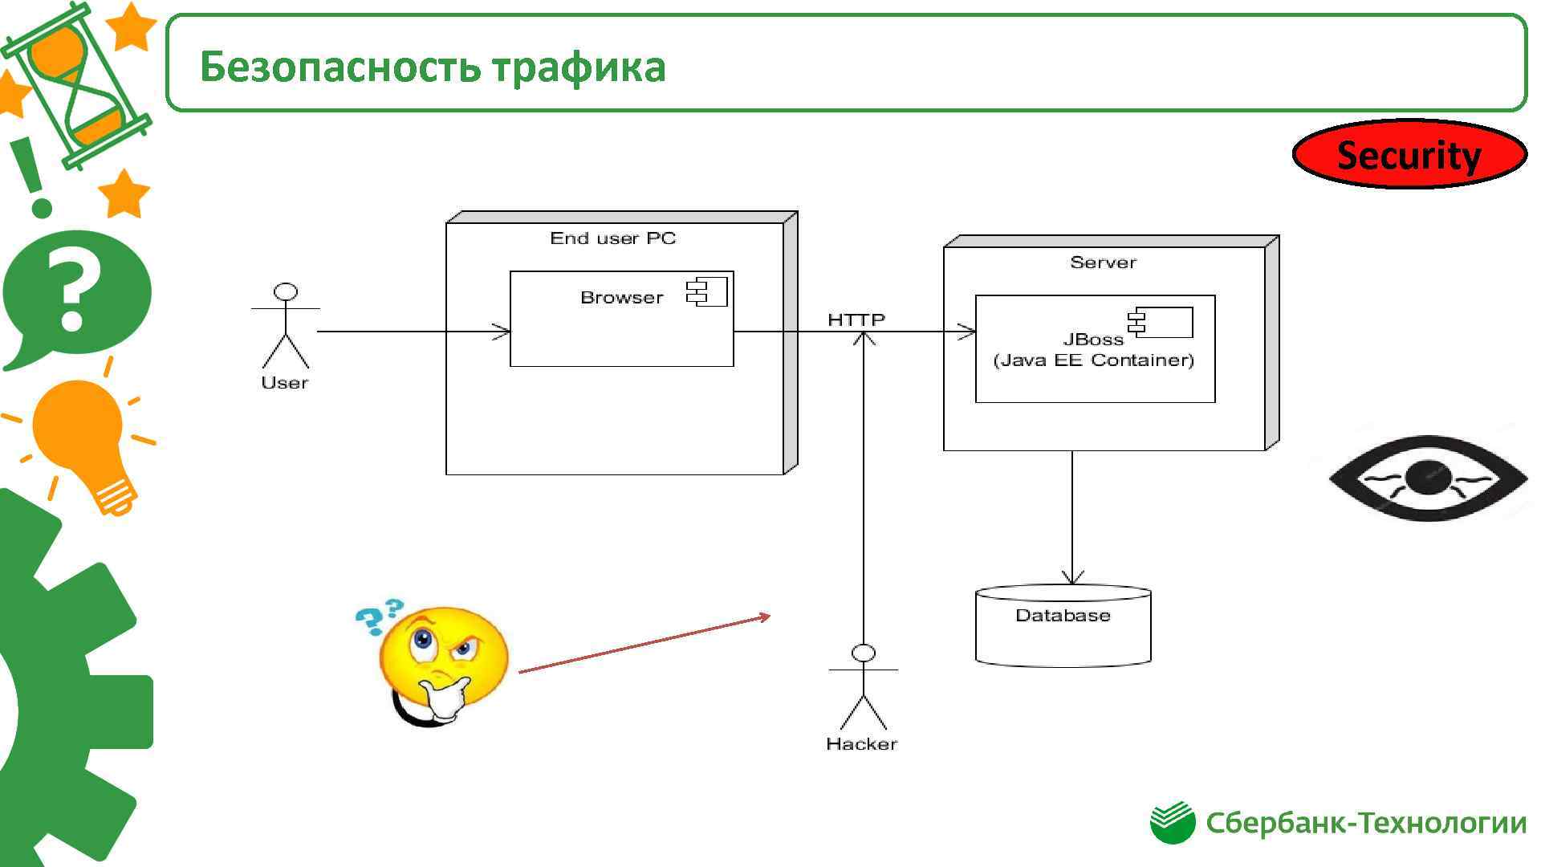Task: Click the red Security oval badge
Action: pyautogui.click(x=1409, y=154)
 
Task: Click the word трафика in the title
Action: pyautogui.click(x=579, y=67)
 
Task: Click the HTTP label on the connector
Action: pyautogui.click(x=856, y=320)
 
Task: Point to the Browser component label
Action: pyautogui.click(x=622, y=298)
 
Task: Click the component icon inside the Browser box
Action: pyautogui.click(x=707, y=291)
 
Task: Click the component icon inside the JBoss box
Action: pyautogui.click(x=1161, y=322)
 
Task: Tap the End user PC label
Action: pyautogui.click(x=613, y=238)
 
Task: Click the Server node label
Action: pyautogui.click(x=1103, y=263)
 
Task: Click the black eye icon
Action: pyautogui.click(x=1428, y=478)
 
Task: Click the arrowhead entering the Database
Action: pyautogui.click(x=1072, y=578)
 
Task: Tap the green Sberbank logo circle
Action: pyautogui.click(x=1172, y=823)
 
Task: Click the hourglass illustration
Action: pyautogui.click(x=76, y=84)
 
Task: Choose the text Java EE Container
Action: pyautogui.click(x=1093, y=360)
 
